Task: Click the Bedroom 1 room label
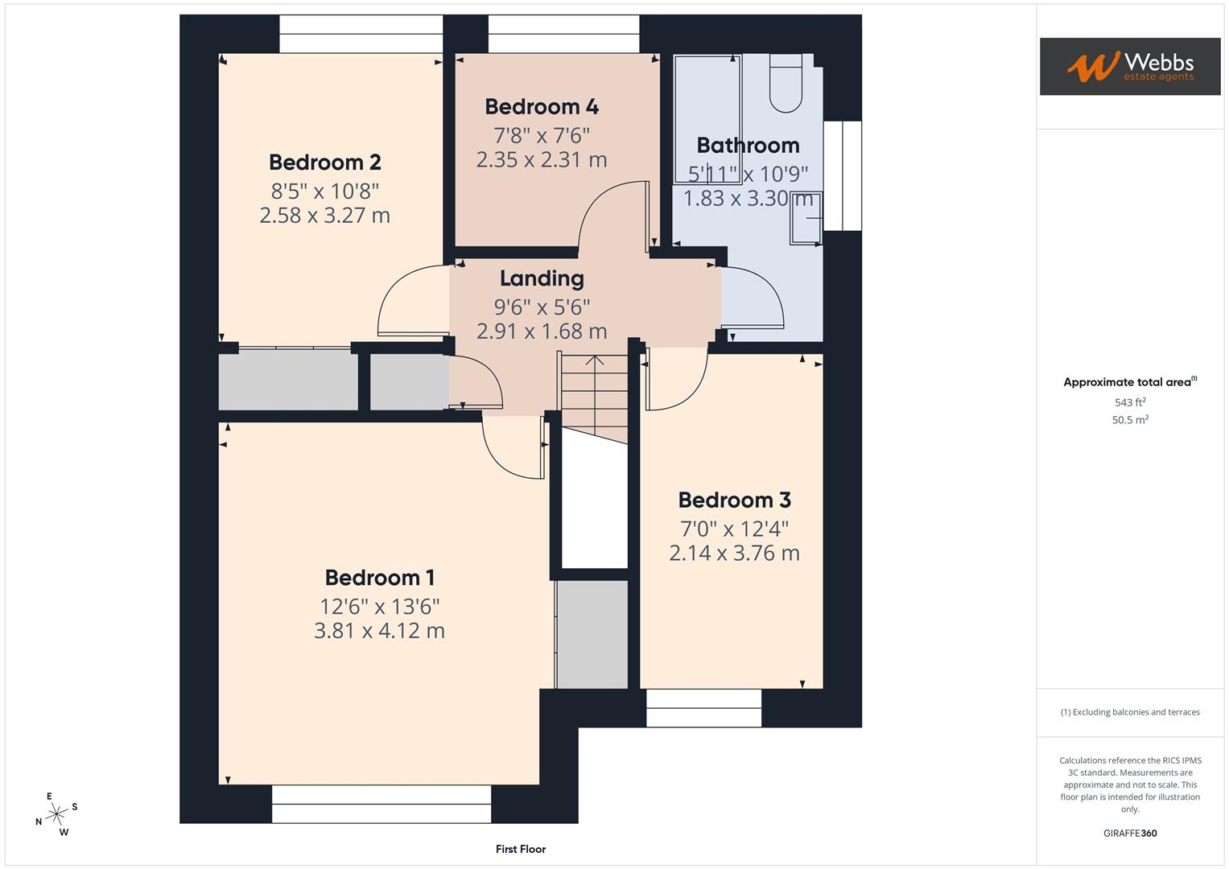379,578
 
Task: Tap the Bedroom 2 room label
324,163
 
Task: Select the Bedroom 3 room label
734,500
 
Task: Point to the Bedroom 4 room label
542,107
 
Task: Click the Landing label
542,278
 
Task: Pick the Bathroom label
748,146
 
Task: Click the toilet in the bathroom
786,83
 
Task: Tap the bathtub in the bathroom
707,119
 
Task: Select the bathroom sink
806,217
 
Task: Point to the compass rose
56,814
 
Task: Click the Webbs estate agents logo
1129,67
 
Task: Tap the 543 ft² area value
1130,402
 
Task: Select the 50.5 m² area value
1130,420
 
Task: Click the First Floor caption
521,849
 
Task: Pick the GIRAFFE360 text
1130,834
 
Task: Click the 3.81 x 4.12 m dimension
379,631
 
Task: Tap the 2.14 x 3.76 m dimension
734,554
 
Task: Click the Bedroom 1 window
381,804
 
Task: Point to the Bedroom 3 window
703,708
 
